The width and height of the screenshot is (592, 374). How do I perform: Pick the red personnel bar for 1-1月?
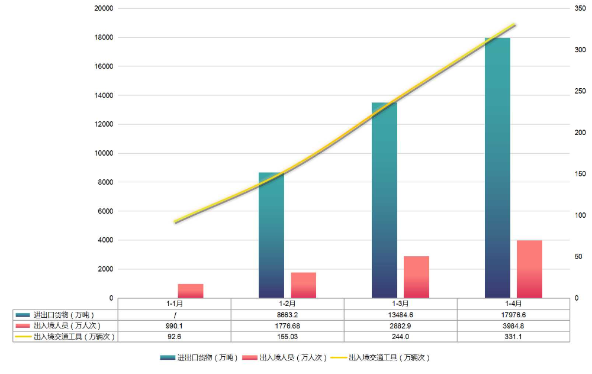coord(191,291)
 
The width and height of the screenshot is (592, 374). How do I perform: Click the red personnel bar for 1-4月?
coord(529,269)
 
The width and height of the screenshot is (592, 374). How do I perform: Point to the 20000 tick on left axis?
coord(104,9)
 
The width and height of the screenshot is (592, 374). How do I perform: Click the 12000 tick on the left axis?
coord(104,124)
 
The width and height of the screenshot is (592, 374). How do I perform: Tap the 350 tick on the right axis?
coord(580,9)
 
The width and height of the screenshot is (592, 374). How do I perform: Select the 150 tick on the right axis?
coord(580,174)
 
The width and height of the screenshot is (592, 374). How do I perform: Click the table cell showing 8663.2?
coord(287,315)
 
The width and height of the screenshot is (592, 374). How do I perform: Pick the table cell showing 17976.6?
coord(513,315)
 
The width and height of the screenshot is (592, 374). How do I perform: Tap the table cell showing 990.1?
coord(175,325)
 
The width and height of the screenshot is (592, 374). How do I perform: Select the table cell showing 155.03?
coord(287,336)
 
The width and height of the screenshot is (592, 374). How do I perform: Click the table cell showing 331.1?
coord(513,336)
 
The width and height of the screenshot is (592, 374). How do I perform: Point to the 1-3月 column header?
coord(400,304)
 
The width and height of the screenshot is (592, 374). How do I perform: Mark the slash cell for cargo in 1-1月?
coord(175,315)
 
